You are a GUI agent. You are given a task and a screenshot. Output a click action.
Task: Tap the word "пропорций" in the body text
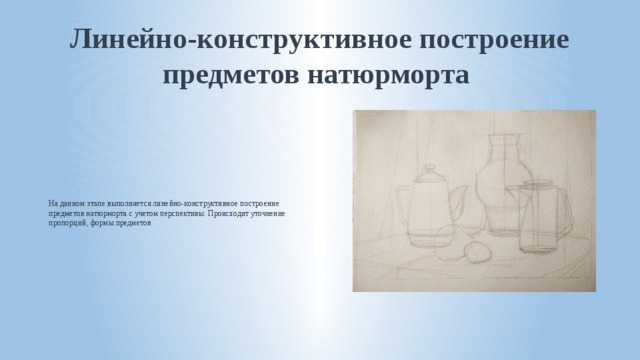(67, 224)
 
